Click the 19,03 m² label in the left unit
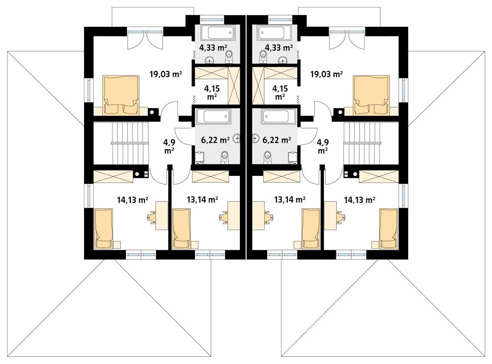165,74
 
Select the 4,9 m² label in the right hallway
322,146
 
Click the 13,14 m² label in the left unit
202,200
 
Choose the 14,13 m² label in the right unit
360,200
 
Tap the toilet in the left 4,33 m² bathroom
230,57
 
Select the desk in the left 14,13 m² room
162,216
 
